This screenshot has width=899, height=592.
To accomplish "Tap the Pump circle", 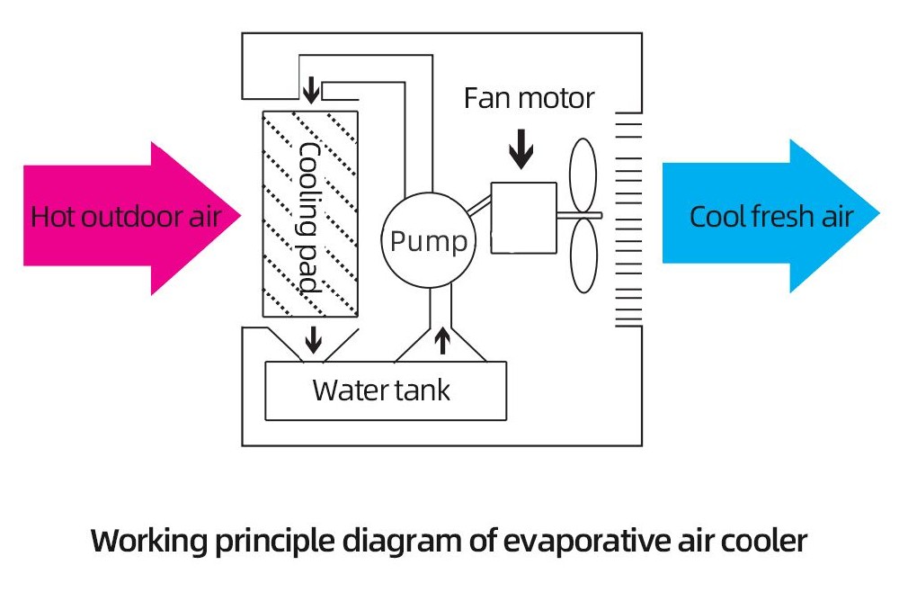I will click(428, 241).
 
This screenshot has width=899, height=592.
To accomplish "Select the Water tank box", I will click(386, 390).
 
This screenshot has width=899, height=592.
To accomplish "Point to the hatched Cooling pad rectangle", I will click(309, 213).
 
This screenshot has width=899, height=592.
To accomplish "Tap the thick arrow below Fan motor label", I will click(521, 149).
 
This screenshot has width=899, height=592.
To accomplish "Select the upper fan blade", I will click(583, 175).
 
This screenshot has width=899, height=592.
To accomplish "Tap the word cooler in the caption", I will click(762, 542).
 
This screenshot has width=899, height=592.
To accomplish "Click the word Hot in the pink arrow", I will click(52, 218).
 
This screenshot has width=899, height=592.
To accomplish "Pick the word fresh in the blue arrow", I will click(772, 217).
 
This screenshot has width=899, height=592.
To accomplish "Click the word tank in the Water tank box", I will click(421, 390).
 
